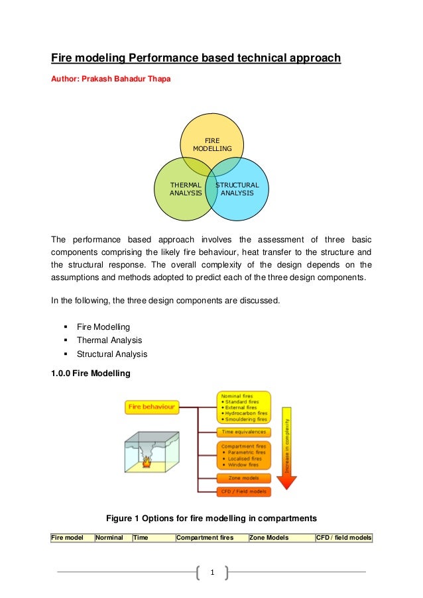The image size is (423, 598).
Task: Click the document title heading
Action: (x=196, y=58)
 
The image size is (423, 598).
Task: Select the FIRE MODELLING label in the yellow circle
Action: (x=212, y=145)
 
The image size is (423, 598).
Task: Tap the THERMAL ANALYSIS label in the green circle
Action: (x=186, y=189)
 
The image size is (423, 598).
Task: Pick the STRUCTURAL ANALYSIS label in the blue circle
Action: (x=237, y=189)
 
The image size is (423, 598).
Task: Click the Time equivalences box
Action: (x=243, y=432)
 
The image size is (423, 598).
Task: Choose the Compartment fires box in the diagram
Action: (x=243, y=456)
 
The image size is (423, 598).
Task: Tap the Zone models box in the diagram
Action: (x=243, y=477)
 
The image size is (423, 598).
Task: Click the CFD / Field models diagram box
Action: (x=243, y=491)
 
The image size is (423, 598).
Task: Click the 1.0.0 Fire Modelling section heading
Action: (x=91, y=374)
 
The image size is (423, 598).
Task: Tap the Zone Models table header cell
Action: (x=269, y=538)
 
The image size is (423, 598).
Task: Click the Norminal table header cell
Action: (x=110, y=538)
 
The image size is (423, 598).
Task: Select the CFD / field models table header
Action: (x=343, y=538)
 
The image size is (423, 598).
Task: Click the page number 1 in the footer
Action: (x=211, y=572)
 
